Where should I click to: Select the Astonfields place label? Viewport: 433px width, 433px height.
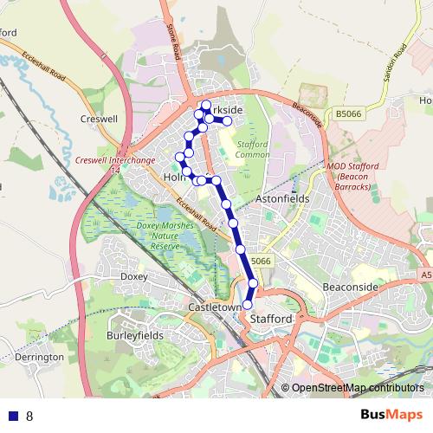point(283,198)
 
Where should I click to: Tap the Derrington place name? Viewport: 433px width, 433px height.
point(40,357)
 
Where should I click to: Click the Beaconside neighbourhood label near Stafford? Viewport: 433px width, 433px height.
point(349,286)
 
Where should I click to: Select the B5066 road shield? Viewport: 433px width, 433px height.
point(348,113)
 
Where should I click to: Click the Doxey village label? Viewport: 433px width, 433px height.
point(134,276)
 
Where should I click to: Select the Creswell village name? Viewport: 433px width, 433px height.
point(98,118)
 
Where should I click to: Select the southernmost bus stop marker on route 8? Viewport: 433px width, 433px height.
point(247,305)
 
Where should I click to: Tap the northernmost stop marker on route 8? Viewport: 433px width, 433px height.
point(206,106)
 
